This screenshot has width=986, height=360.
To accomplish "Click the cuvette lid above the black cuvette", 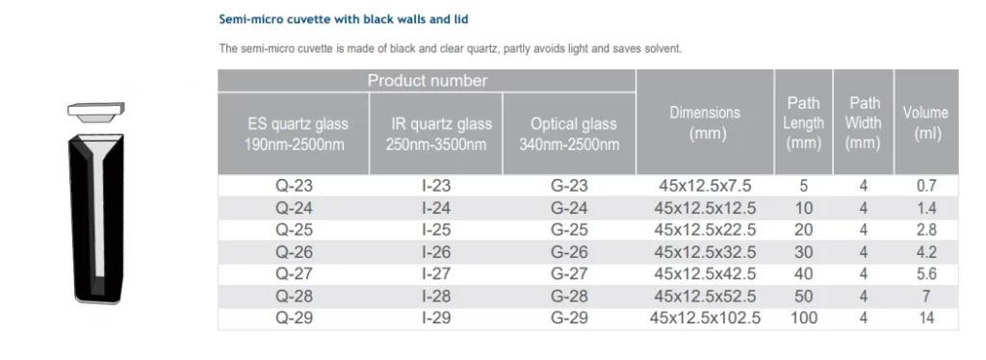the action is click(96, 111).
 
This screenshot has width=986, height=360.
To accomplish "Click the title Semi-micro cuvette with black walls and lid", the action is click(344, 19).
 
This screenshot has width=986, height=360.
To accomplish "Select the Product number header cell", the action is click(427, 81).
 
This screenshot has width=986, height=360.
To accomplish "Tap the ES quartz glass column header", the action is click(294, 134).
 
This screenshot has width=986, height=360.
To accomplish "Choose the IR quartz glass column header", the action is click(436, 134).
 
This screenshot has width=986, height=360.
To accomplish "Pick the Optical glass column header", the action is click(569, 134).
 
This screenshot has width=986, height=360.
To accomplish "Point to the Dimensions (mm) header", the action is click(705, 122).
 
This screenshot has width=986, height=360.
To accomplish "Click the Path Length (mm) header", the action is click(804, 122).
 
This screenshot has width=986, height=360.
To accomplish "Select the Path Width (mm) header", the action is click(864, 122).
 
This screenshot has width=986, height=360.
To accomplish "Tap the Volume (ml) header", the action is click(925, 122).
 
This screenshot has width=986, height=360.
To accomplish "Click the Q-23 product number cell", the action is click(294, 186).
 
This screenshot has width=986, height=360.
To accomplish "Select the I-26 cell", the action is click(436, 252).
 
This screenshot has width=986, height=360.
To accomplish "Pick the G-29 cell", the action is click(569, 318).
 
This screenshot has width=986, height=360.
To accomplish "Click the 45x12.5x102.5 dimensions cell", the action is click(705, 318).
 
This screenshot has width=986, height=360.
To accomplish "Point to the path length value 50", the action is click(804, 296).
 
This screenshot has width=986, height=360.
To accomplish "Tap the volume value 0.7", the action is click(926, 186).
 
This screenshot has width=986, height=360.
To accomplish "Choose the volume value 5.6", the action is click(926, 274).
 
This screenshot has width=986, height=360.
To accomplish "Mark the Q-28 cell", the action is click(294, 296).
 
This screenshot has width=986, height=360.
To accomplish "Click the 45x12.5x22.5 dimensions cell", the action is click(705, 230).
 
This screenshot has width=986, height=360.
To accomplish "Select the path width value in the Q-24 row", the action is click(864, 208).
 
